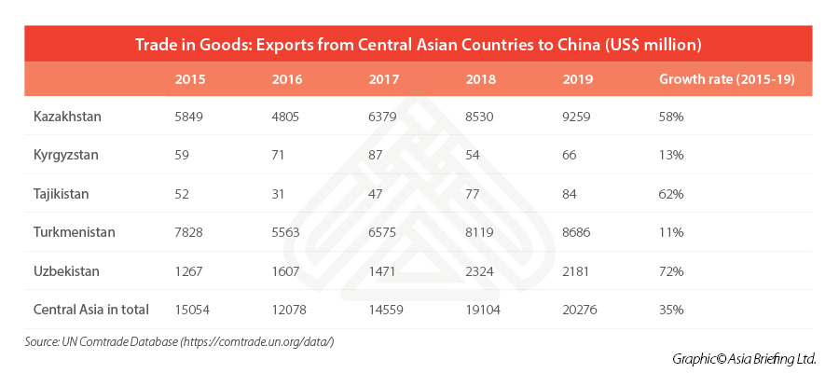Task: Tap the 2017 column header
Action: pyautogui.click(x=384, y=79)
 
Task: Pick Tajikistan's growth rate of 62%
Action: pyautogui.click(x=671, y=194)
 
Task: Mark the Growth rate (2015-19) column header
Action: pyautogui.click(x=726, y=79)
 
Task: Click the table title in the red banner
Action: pyautogui.click(x=419, y=44)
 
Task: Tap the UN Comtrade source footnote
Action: pyautogui.click(x=179, y=342)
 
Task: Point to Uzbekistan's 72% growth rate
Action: pyautogui.click(x=671, y=270)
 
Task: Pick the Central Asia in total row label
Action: pyautogui.click(x=90, y=310)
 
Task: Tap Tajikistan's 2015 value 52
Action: pyautogui.click(x=184, y=194)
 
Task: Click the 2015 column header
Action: pyautogui.click(x=191, y=79)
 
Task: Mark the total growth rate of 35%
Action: pyautogui.click(x=671, y=310)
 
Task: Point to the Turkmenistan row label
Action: pyautogui.click(x=74, y=232)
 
